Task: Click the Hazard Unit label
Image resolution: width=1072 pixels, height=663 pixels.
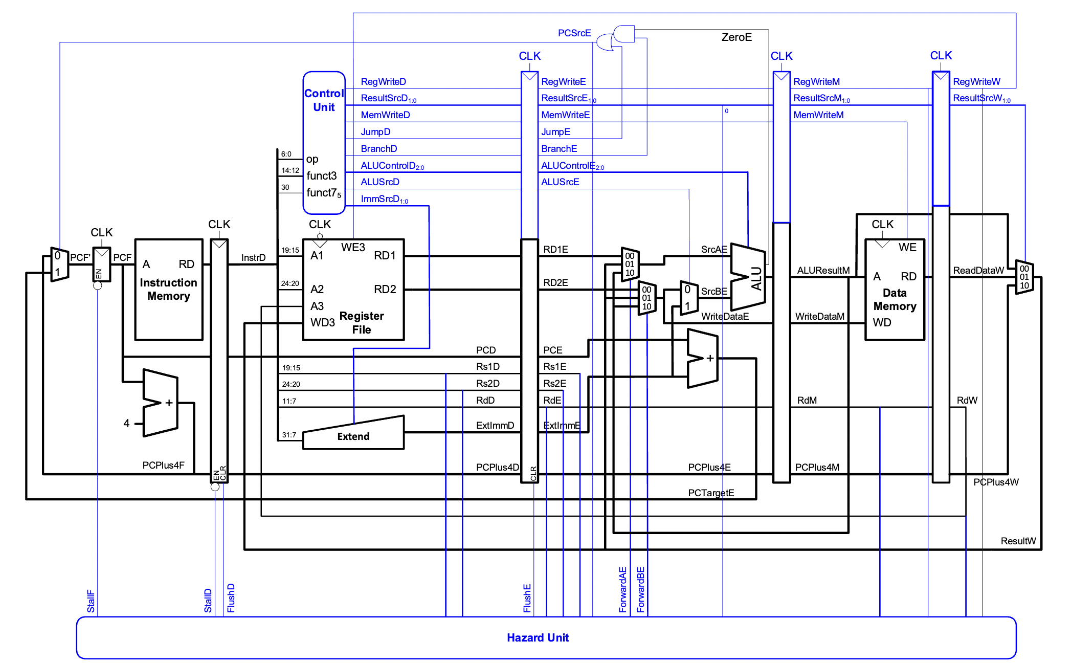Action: pyautogui.click(x=538, y=637)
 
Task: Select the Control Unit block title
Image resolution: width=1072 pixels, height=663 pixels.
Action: pyautogui.click(x=324, y=100)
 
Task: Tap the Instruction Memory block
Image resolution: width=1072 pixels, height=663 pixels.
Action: pyautogui.click(x=168, y=290)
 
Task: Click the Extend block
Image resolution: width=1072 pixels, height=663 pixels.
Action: pyautogui.click(x=353, y=436)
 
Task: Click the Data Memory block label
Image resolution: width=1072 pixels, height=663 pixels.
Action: pyautogui.click(x=895, y=299)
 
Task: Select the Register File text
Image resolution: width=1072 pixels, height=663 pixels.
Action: pyautogui.click(x=362, y=322)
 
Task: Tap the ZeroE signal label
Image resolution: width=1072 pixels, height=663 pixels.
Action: pyautogui.click(x=736, y=37)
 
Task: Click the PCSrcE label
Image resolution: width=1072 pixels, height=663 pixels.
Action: pyautogui.click(x=574, y=33)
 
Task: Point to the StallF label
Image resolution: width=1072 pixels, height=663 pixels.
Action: pyautogui.click(x=91, y=601)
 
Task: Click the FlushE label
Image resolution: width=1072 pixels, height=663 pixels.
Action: pyautogui.click(x=527, y=598)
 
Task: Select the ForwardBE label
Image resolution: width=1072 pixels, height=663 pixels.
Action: pyautogui.click(x=640, y=589)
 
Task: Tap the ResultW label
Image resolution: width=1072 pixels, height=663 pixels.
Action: pyautogui.click(x=1018, y=541)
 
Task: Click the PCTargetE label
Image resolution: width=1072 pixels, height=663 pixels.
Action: pyautogui.click(x=711, y=493)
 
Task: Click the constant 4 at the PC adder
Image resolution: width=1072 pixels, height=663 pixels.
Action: pyautogui.click(x=126, y=423)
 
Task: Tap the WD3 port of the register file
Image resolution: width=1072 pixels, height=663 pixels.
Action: pyautogui.click(x=322, y=323)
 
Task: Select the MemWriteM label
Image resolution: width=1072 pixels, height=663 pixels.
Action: pyautogui.click(x=818, y=115)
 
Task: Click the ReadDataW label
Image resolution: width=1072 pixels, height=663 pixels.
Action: pyautogui.click(x=978, y=270)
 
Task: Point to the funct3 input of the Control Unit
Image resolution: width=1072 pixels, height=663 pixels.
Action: pyautogui.click(x=321, y=176)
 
